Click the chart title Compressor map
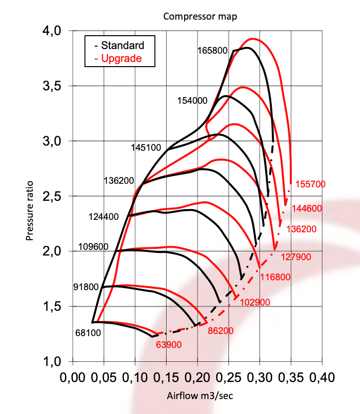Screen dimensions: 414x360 click(200, 16)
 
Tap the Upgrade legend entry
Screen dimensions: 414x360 click(121, 58)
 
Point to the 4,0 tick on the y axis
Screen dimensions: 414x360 click(51, 31)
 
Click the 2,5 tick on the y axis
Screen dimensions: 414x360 click(51, 197)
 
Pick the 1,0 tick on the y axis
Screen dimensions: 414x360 click(51, 362)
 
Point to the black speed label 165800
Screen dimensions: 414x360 click(212, 51)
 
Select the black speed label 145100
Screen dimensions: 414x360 click(147, 147)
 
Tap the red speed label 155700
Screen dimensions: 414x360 click(309, 184)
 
